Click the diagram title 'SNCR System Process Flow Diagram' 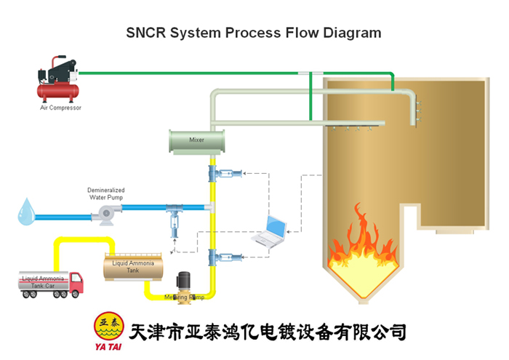(253, 33)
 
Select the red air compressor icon (59, 82)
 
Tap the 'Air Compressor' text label (60, 108)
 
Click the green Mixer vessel (196, 140)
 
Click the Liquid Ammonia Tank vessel (132, 266)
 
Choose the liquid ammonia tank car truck (50, 284)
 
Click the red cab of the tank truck (75, 282)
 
